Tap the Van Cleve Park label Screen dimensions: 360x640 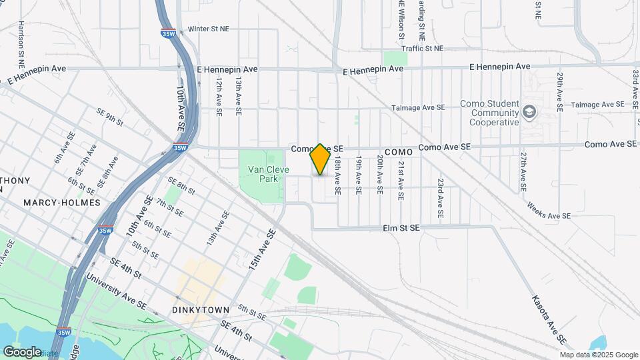[x=268, y=175]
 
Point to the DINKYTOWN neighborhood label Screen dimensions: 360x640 [x=201, y=310]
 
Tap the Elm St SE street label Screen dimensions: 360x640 [x=401, y=228]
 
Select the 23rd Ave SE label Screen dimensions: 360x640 [x=441, y=198]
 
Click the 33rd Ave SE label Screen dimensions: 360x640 [x=636, y=87]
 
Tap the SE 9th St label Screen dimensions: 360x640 [x=111, y=117]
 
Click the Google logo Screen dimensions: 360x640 [x=22, y=351]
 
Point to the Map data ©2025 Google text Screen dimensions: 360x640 [x=598, y=355]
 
